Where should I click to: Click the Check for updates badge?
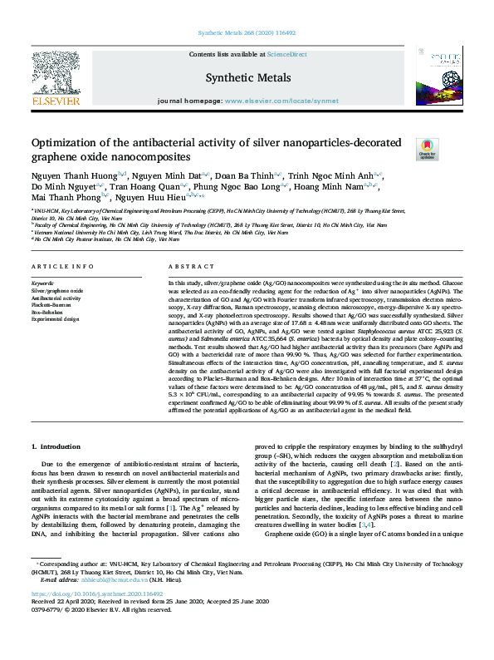click(x=427, y=149)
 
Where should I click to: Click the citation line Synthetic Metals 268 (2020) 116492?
click(x=247, y=33)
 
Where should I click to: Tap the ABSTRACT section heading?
click(x=188, y=266)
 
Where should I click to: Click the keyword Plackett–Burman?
click(x=51, y=304)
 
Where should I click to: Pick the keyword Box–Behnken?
click(x=46, y=311)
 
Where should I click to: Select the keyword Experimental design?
click(x=56, y=318)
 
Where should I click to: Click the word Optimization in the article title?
click(x=64, y=143)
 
